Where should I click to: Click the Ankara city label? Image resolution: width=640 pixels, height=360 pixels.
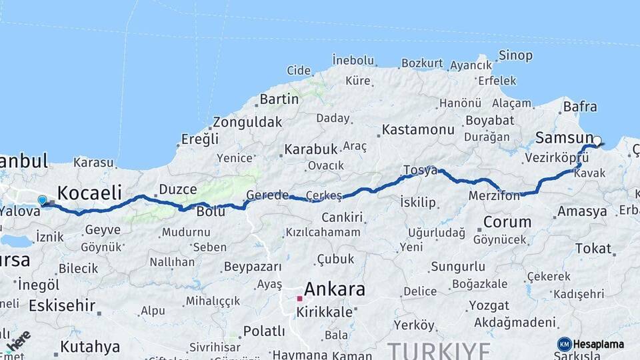334,289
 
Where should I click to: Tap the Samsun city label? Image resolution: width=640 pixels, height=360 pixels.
563,138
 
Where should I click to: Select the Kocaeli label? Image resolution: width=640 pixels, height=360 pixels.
89,193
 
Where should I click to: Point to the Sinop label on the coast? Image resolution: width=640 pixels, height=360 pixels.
516,56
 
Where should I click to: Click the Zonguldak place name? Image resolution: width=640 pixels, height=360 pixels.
247,123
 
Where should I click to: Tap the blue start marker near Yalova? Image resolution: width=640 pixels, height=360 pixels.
43,200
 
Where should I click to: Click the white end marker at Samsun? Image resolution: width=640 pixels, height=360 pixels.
597,141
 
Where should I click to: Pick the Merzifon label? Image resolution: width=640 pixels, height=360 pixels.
494,196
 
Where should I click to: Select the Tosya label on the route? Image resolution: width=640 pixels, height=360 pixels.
420,171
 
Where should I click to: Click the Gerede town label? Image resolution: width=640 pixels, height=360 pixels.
267,195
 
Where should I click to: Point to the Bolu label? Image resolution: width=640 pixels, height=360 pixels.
211,211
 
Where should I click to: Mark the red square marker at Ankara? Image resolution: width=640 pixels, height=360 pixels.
299,298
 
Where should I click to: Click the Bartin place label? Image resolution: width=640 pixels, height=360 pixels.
279,99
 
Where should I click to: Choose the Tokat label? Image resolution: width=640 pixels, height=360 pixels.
593,249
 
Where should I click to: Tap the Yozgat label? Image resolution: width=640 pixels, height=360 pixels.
489,306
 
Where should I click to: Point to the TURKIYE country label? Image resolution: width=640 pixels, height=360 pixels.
439,350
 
